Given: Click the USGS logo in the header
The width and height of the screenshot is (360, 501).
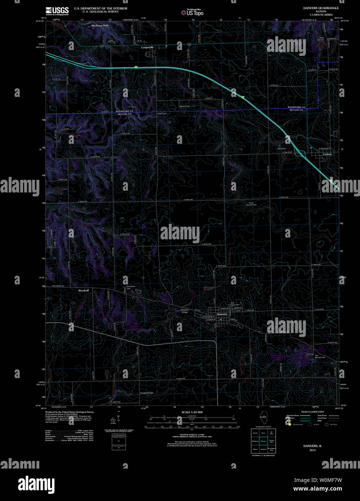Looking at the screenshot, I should point(57,10).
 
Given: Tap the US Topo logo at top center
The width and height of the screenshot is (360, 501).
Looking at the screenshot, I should point(193,13).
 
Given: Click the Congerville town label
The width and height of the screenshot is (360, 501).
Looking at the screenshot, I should point(147,47).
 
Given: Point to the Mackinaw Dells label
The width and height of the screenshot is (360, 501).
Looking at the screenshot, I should point(100,26).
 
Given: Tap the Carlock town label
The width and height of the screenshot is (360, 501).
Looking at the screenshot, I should point(327,154).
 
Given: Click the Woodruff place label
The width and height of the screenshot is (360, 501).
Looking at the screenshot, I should point(83,290).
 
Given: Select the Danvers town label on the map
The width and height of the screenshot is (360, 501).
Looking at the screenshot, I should point(222,314).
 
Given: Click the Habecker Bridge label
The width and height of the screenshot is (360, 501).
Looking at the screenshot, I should point(185,311).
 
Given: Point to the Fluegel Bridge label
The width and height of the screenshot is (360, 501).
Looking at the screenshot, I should point(146,393).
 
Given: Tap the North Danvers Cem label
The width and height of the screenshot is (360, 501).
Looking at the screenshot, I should point(251,204).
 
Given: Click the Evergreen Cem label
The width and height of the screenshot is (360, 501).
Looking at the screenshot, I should point(131,287).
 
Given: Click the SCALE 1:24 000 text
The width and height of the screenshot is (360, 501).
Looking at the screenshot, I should point(192,412).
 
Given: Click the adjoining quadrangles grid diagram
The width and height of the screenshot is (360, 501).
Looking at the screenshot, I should point(263,440).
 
